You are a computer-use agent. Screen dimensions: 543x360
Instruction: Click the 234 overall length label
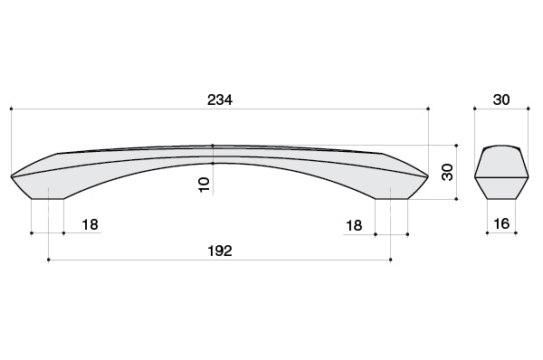220,100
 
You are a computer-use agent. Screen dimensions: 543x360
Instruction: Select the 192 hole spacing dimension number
220,251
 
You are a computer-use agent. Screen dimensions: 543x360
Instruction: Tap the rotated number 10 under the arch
204,185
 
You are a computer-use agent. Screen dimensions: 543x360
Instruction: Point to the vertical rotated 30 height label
447,172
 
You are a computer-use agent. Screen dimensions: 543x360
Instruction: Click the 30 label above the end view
501,99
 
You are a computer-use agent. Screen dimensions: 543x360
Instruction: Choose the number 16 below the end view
501,224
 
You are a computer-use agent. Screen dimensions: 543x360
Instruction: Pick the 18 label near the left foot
90,224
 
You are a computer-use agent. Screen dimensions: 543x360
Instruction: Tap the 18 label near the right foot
354,226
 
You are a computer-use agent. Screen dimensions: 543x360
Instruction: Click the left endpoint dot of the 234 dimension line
12,109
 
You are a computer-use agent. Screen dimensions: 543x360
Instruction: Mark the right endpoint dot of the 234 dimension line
428,109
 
